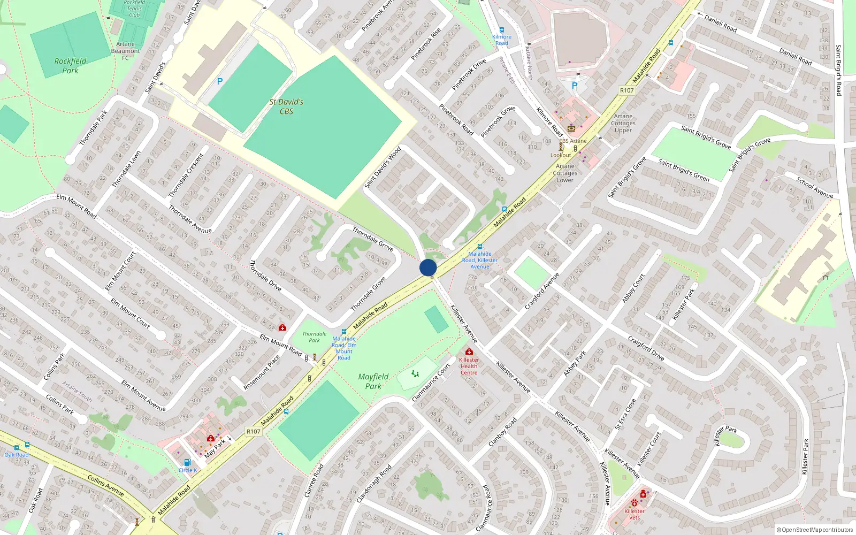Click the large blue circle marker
coord(428,267)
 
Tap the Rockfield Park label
coord(70,66)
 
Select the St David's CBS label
coord(286,106)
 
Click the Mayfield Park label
coord(373,381)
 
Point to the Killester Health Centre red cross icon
coord(469,351)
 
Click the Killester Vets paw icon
coord(635,503)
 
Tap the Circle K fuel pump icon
coord(187,462)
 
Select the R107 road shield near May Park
coord(254,431)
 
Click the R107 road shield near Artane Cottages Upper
coord(627,90)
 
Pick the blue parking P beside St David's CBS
coord(219,81)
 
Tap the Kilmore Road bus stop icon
coord(502,30)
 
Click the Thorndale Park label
coord(315,337)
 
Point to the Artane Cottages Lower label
coord(565,173)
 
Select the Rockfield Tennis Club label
coord(134,9)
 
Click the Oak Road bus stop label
coord(17,455)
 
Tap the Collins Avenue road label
coord(106,486)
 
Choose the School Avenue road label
coord(815,188)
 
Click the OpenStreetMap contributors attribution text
coord(815,530)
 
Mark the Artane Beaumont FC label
coord(125,51)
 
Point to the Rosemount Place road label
coord(262,372)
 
